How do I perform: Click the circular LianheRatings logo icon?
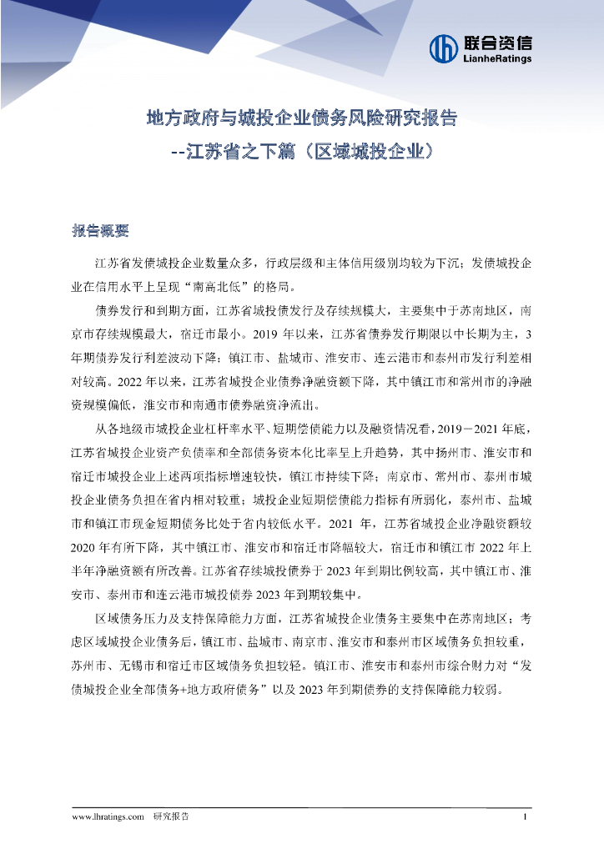coord(443,48)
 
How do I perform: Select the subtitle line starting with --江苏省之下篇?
coord(301,153)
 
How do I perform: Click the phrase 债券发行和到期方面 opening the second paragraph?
coord(149,311)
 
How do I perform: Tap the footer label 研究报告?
coord(170,816)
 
